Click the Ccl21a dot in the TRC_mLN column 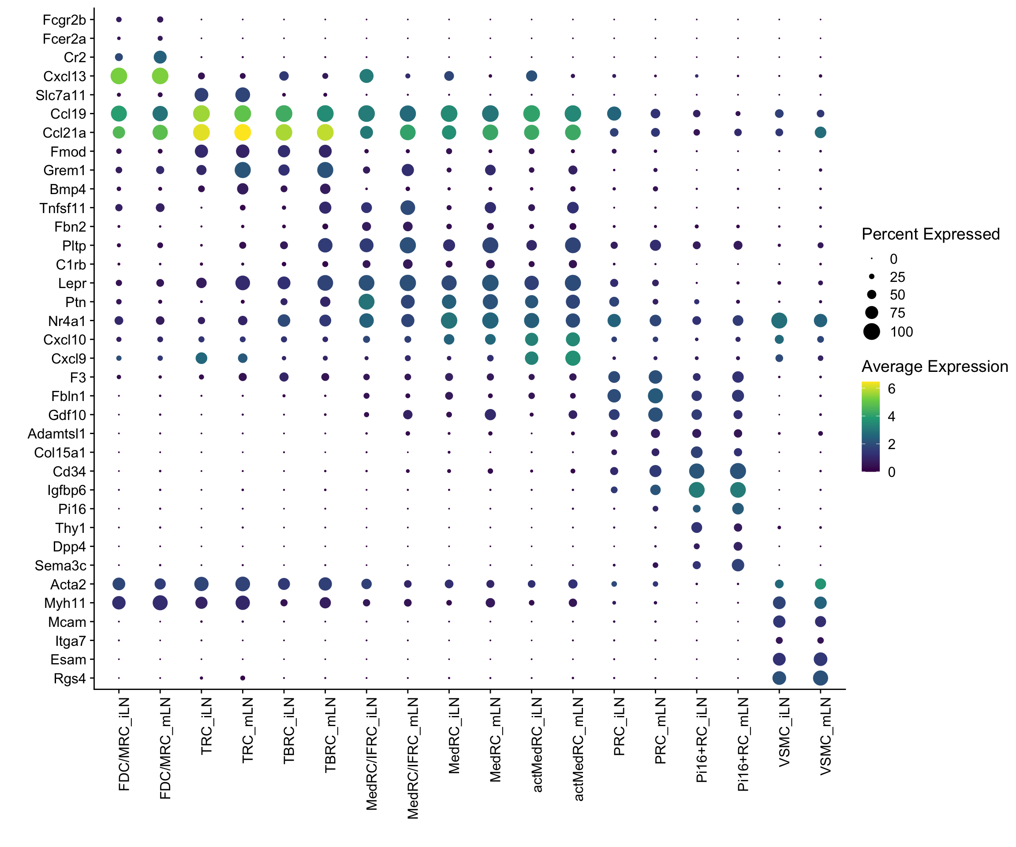coord(243,132)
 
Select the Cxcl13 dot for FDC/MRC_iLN coord(119,76)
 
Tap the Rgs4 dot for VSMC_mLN coord(820,678)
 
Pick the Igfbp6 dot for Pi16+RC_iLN coord(697,490)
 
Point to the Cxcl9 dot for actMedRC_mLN coord(573,358)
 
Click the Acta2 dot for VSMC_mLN coord(820,584)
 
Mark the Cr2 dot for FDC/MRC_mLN coord(160,57)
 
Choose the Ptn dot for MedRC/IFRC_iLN coord(366,302)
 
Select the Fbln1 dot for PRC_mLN coord(655,396)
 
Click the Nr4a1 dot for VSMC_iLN coord(779,320)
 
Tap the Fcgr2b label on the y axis coord(64,20)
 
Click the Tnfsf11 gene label coord(63,208)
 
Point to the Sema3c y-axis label coord(60,565)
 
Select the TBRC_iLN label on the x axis coord(289,731)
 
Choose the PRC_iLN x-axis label coord(619,727)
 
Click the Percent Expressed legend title coord(930,234)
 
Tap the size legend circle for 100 coord(871,332)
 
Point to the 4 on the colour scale coord(891,416)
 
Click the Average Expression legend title coord(935,367)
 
